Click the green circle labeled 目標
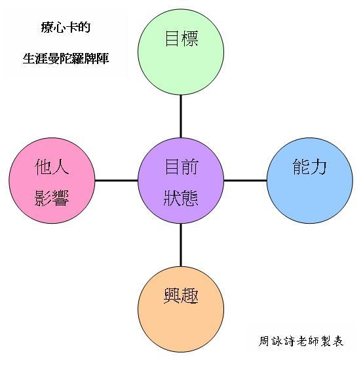pos(181,52)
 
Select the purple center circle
pos(181,181)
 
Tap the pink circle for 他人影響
pos(52,181)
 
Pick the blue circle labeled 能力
pos(310,181)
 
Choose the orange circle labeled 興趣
pos(181,309)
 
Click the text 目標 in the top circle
pos(181,39)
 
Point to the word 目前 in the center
pos(181,167)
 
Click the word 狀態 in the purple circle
pos(181,198)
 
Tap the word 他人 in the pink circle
pos(52,167)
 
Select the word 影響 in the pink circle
pos(52,198)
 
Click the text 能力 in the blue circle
pos(310,167)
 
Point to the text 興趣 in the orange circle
pos(181,296)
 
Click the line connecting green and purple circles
pos(181,116)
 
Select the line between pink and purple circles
pos(117,181)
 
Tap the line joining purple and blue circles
pos(245,181)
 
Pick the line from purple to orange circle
pos(181,245)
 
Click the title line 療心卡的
pos(66,27)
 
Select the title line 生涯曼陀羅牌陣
pos(66,58)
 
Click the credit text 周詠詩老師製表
pos(301,341)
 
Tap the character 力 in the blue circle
pos(318,167)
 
